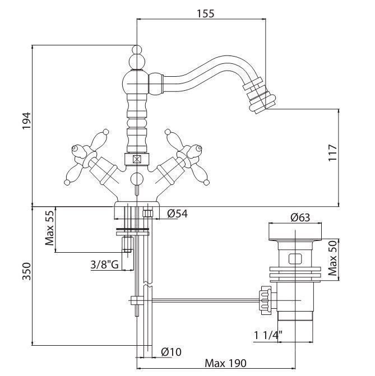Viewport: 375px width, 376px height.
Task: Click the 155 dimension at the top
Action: pos(205,13)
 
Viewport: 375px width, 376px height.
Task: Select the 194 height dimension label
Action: pos(26,121)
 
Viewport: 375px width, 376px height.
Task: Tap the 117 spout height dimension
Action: pos(332,153)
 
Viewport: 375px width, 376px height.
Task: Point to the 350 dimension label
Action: pos(26,271)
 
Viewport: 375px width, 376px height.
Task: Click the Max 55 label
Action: pos(50,228)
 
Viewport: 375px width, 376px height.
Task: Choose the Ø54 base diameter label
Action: pos(178,213)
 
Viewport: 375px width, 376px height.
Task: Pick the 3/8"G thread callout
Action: pos(105,264)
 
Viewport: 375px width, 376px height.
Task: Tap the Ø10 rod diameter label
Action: pos(172,352)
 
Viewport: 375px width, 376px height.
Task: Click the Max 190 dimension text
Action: pos(225,363)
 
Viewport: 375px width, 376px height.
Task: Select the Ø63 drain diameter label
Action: pos(300,217)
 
